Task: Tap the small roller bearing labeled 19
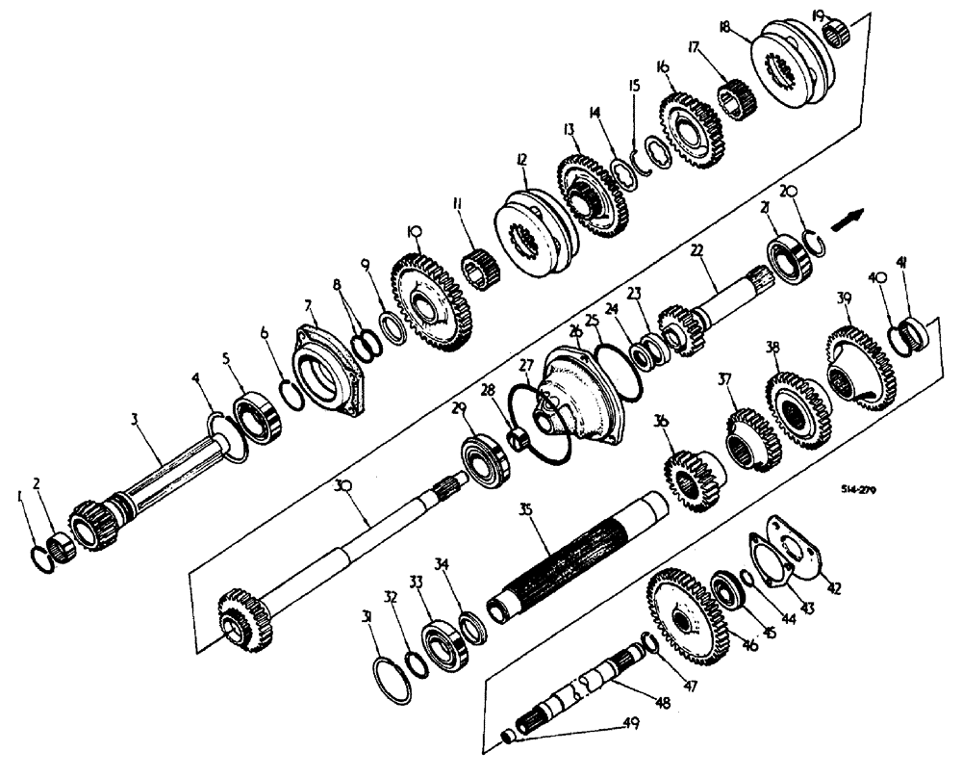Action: click(840, 34)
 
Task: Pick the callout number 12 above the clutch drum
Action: click(521, 158)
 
